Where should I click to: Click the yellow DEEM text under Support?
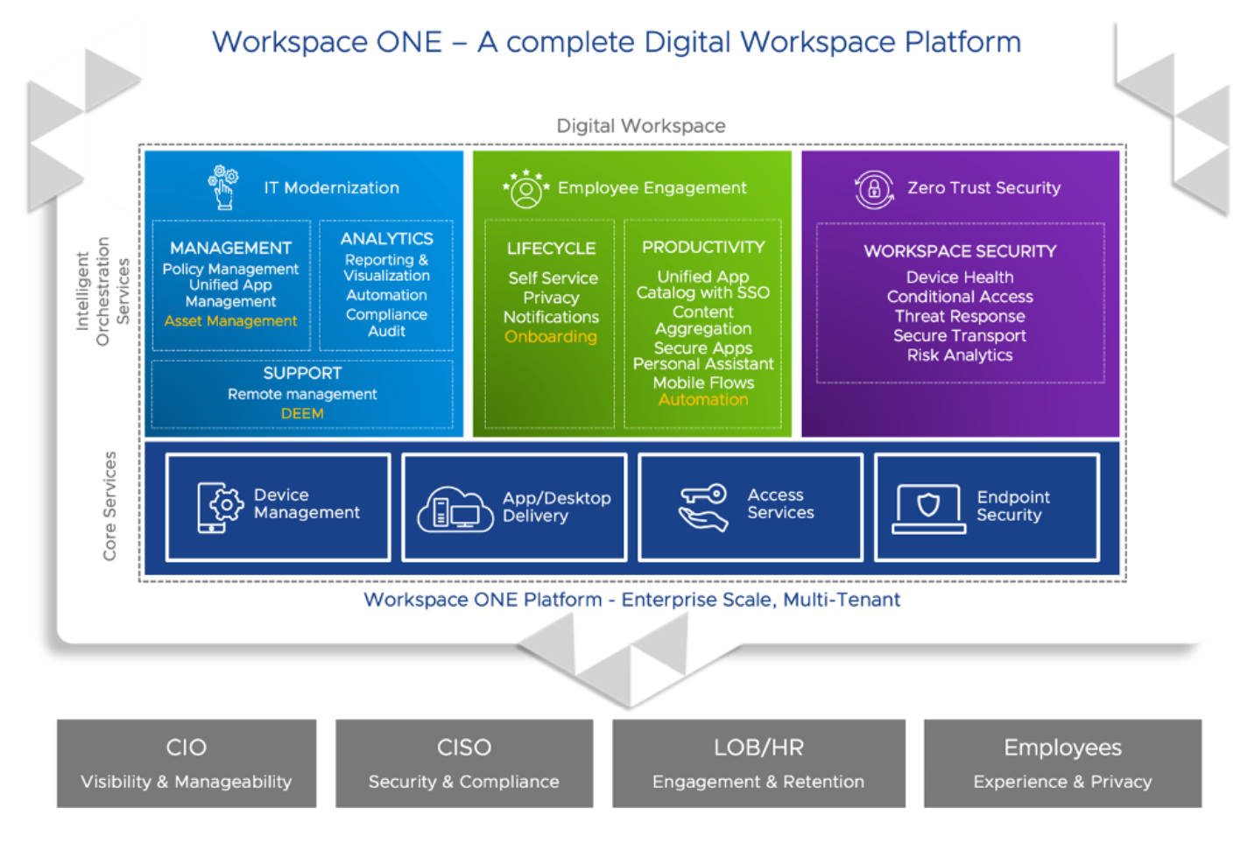click(x=302, y=413)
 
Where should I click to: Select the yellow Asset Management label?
click(x=230, y=321)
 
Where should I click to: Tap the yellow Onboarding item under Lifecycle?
click(x=551, y=337)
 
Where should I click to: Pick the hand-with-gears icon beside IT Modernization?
click(x=223, y=186)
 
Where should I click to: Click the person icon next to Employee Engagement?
click(x=525, y=189)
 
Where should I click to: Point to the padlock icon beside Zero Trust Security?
click(x=873, y=189)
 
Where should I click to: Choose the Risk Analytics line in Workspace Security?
click(x=960, y=355)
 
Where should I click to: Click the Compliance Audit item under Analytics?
click(x=386, y=322)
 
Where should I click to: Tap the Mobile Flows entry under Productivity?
click(x=703, y=383)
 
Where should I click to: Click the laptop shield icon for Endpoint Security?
click(x=928, y=508)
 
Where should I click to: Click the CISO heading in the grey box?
click(x=464, y=748)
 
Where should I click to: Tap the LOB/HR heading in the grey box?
click(x=758, y=748)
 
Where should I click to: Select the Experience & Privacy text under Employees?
click(x=1062, y=782)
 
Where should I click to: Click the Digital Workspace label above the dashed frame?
click(x=641, y=126)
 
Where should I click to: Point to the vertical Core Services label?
click(x=109, y=506)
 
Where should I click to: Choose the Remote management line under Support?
click(x=302, y=394)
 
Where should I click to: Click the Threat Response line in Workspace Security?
click(x=960, y=316)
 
